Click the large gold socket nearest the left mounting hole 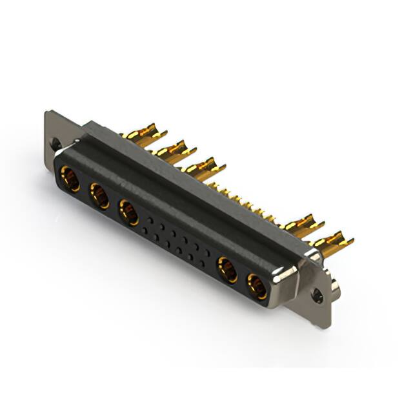pyautogui.click(x=70, y=179)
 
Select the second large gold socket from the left pyautogui.click(x=100, y=196)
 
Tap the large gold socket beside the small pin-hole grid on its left pyautogui.click(x=128, y=212)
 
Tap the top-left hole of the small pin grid pyautogui.click(x=150, y=220)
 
